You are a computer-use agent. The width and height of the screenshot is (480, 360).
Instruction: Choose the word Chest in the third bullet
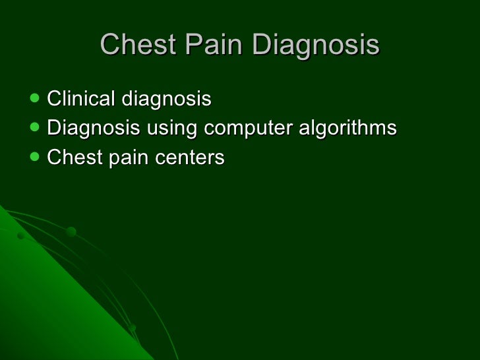click(72, 158)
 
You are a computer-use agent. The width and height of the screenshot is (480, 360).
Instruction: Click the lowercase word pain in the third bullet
click(123, 158)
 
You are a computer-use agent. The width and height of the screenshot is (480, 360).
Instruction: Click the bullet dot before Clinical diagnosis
click(34, 100)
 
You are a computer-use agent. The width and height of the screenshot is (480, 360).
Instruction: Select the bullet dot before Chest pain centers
click(34, 158)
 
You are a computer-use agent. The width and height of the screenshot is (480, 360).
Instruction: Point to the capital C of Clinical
click(54, 100)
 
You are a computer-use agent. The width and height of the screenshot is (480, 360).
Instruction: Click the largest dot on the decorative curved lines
click(71, 231)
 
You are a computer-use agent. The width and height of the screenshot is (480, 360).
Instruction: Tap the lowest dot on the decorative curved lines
click(133, 328)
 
